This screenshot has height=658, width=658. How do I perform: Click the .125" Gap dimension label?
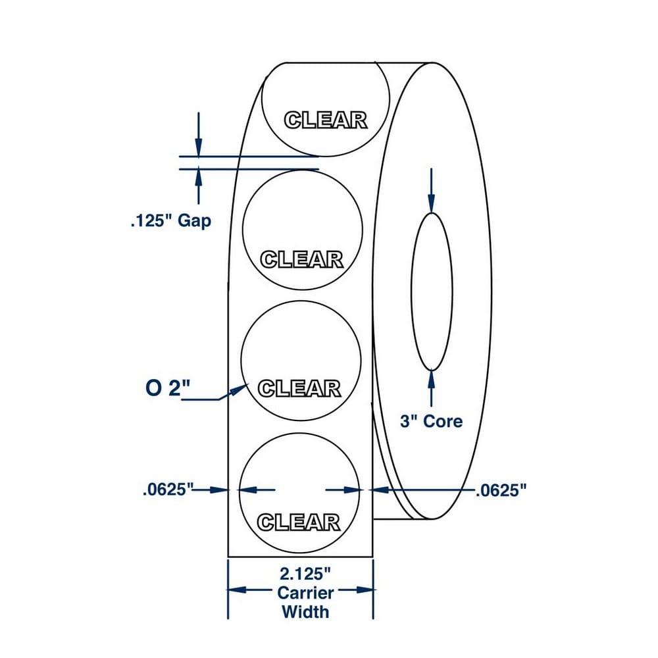coord(171,220)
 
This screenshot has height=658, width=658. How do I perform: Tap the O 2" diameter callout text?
coord(168,388)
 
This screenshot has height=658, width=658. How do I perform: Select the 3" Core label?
coord(432,421)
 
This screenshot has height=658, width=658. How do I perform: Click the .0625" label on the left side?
coord(168,490)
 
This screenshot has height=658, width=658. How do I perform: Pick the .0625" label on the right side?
coord(501,490)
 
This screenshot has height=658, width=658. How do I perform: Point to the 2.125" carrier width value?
coord(305,574)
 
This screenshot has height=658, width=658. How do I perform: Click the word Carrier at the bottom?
coord(305,593)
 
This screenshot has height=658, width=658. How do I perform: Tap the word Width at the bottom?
coord(305,612)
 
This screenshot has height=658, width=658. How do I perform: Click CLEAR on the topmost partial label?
coord(326,120)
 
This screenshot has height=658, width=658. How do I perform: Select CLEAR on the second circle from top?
coord(302,260)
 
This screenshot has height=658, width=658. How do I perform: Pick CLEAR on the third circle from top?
coord(299,389)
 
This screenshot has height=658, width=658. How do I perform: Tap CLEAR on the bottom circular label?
coord(298,522)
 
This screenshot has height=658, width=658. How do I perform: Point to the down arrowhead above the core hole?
coord(432,204)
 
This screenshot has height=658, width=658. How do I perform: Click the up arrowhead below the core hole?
coord(432,380)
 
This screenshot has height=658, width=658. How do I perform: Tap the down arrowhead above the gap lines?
coord(199,147)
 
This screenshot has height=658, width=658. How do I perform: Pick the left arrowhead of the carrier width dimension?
coord(237,590)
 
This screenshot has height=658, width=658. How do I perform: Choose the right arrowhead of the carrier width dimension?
coord(365,590)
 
